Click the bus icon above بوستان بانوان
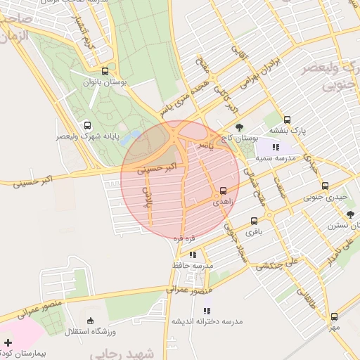point(105,71)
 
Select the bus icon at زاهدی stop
point(223,191)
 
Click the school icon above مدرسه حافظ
point(193,255)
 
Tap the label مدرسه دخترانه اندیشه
point(207,321)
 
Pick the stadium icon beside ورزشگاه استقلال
point(71,330)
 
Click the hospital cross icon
point(7,342)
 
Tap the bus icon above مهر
point(335,316)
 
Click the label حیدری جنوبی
point(325,198)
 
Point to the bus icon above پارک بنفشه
point(287,120)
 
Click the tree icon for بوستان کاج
point(240,127)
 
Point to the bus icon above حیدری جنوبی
point(325,186)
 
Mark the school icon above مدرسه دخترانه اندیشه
point(207,310)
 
